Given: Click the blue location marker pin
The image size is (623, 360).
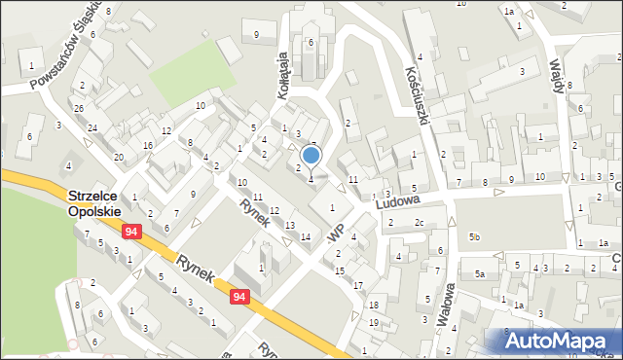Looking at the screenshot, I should pyautogui.click(x=311, y=156).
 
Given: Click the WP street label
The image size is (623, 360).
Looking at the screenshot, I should pyautogui.click(x=337, y=235).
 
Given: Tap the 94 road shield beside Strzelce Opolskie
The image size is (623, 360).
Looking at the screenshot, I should pyautogui.click(x=130, y=232).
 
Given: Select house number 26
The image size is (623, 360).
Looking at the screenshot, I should pyautogui.click(x=79, y=108).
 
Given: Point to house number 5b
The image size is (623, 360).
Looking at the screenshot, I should pyautogui.click(x=475, y=237).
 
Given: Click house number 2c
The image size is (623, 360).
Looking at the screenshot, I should pyautogui.click(x=419, y=223).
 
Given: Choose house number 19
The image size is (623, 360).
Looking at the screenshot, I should pyautogui.click(x=374, y=321).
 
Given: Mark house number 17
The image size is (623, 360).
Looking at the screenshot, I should pyautogui.click(x=359, y=285).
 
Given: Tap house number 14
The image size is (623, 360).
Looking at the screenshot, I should pyautogui.click(x=306, y=237).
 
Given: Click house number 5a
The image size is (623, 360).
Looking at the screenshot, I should pyautogui.click(x=480, y=274).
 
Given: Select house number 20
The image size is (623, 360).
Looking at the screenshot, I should pyautogui.click(x=119, y=157).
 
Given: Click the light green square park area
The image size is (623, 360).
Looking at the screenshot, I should pyautogui.click(x=194, y=72).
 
